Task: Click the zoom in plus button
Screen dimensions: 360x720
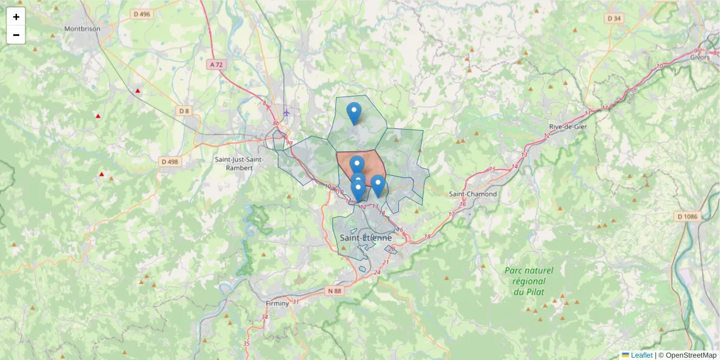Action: click(16, 17)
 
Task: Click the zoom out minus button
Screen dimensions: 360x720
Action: click(16, 35)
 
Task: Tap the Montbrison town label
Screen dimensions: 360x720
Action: click(82, 28)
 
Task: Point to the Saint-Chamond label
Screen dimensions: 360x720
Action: click(473, 194)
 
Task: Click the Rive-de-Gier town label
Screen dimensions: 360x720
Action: click(568, 127)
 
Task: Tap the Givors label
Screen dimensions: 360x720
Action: click(700, 57)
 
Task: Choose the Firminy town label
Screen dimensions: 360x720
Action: click(277, 304)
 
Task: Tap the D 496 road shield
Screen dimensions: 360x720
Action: click(142, 14)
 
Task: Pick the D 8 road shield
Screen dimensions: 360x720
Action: click(184, 110)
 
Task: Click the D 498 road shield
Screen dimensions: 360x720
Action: click(170, 161)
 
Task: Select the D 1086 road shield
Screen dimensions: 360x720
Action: click(688, 216)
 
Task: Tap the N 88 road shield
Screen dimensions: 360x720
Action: click(334, 291)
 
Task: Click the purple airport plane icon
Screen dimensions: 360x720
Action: click(287, 112)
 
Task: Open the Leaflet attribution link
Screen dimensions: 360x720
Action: click(641, 355)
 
